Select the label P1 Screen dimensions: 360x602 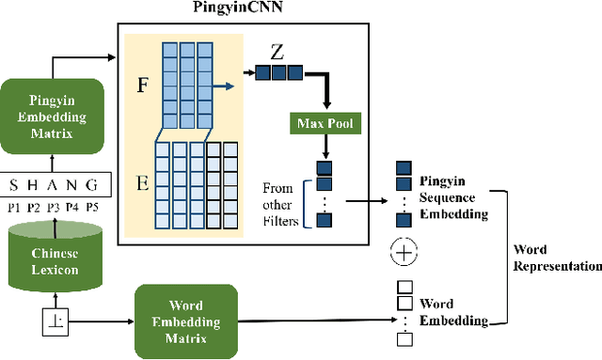pos(14,207)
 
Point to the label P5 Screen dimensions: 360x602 pos(92,207)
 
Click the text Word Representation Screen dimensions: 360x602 pos(556,258)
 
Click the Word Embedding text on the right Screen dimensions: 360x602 pos(449,312)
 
